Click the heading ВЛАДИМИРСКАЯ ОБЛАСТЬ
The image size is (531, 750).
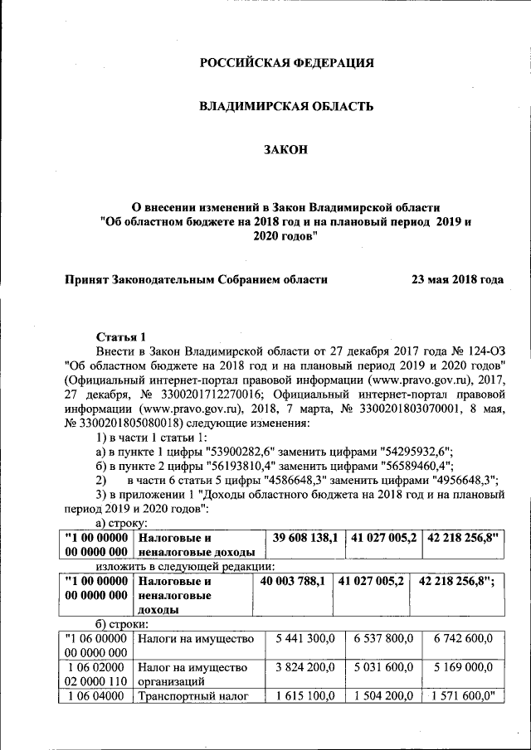286,106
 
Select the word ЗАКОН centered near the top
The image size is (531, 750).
286,149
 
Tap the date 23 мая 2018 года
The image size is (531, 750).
457,280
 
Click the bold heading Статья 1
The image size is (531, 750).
122,336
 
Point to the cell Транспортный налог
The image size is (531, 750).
193,696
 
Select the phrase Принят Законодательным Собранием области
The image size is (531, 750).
197,280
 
